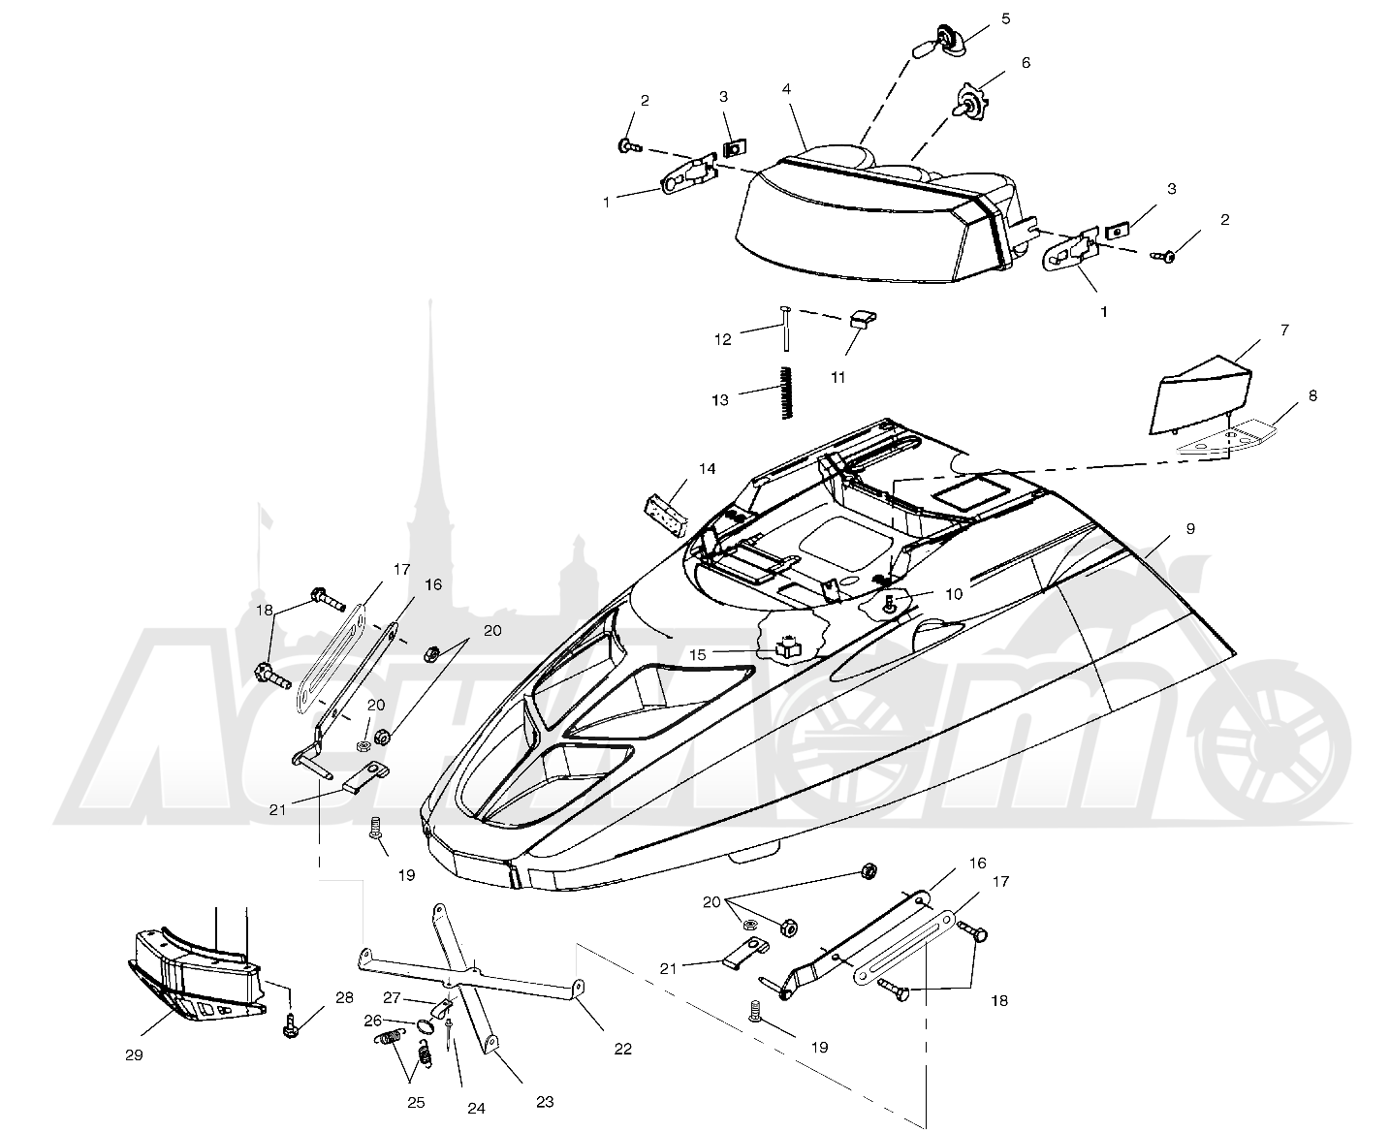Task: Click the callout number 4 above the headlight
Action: click(x=786, y=89)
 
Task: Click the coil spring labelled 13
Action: click(x=787, y=393)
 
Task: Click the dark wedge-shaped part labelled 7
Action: click(x=1200, y=394)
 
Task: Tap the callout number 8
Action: click(x=1312, y=395)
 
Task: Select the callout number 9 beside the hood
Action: click(x=1190, y=528)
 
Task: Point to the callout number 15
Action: click(x=698, y=654)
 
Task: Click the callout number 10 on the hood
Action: click(x=954, y=594)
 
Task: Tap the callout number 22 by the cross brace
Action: click(x=622, y=1049)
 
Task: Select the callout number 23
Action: click(x=544, y=1102)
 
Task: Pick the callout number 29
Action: click(x=134, y=1055)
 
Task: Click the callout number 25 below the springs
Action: click(x=416, y=1103)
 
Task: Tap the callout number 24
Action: click(x=476, y=1108)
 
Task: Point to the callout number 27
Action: click(x=392, y=998)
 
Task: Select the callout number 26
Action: click(x=372, y=1021)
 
